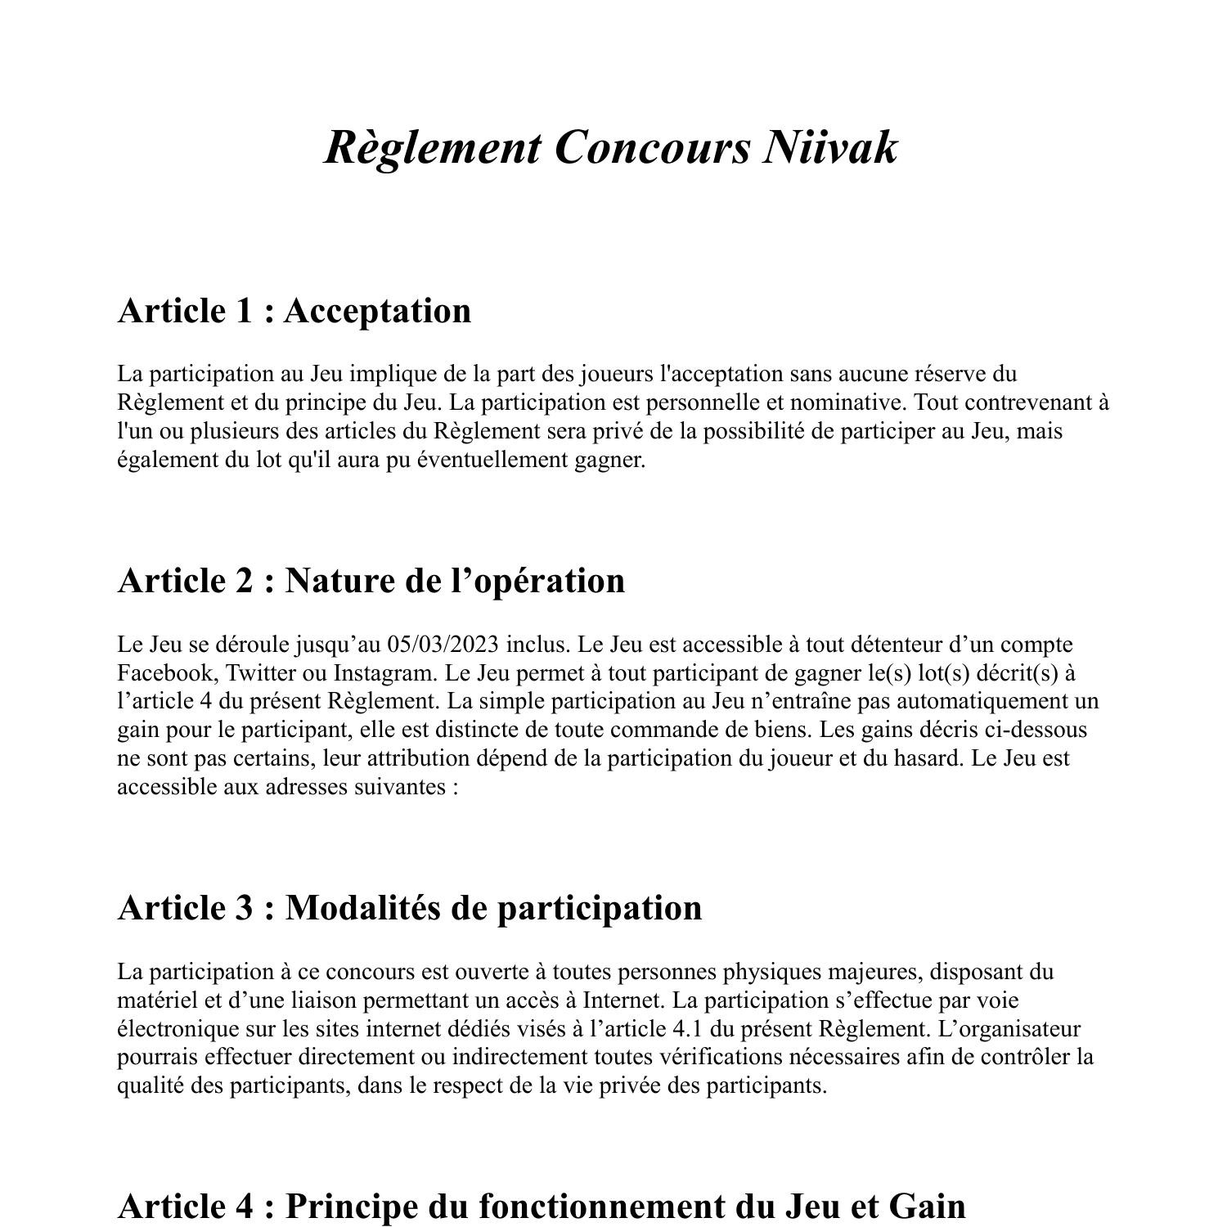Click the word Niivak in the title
click(x=830, y=148)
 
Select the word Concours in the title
click(x=651, y=148)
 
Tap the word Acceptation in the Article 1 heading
click(x=377, y=311)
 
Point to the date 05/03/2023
click(x=443, y=645)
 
